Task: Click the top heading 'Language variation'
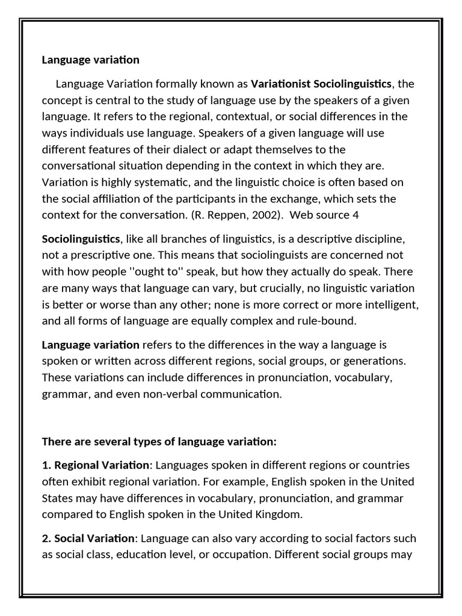90,60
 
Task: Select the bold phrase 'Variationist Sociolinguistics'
321,83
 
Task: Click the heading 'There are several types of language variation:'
159,442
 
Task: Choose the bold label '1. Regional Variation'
95,465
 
